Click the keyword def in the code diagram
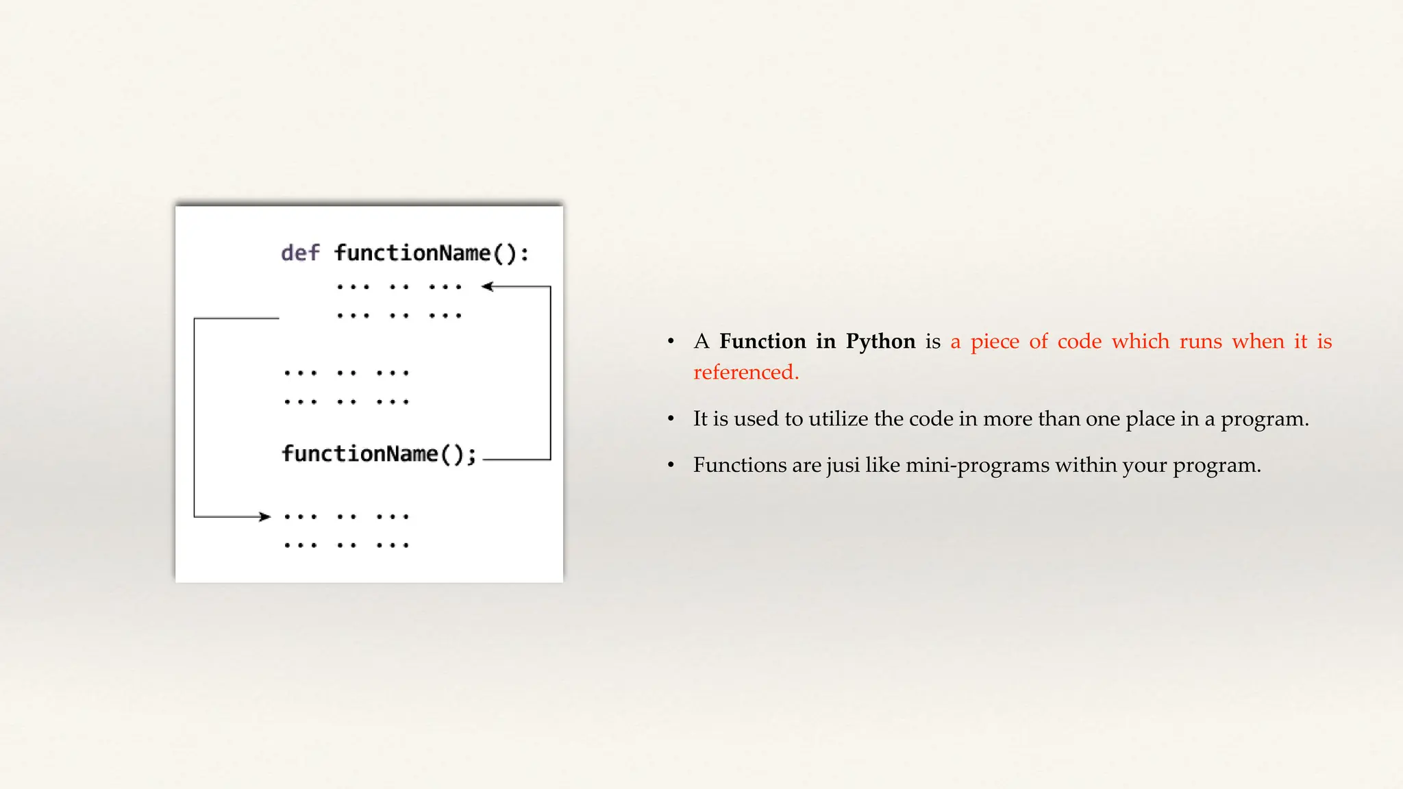[x=300, y=253]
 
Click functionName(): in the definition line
[x=432, y=253]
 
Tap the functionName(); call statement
[x=379, y=453]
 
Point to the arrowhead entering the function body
[x=487, y=286]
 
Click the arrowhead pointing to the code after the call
[x=265, y=516]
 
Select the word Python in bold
[x=880, y=341]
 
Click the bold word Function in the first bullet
[x=762, y=341]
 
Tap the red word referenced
[x=745, y=372]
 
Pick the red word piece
[x=995, y=342]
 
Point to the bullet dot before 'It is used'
[x=671, y=419]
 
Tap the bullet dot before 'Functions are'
[x=671, y=466]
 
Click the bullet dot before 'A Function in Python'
[x=671, y=342]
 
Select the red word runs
[x=1200, y=342]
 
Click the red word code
[x=1079, y=341]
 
